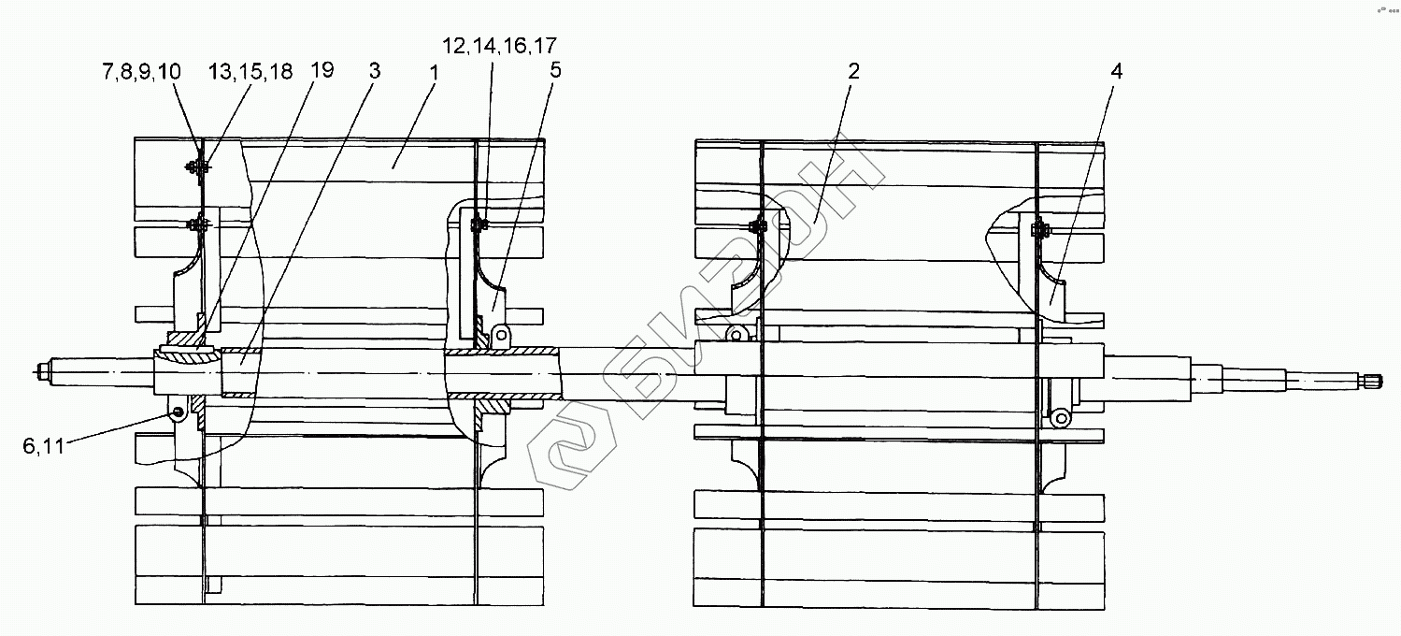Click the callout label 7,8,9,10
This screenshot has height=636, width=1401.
coord(141,71)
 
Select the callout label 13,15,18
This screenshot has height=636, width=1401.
coord(250,71)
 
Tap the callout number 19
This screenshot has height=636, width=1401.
coord(322,70)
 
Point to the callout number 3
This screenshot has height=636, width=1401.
coord(374,71)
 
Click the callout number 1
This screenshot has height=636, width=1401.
coord(434,73)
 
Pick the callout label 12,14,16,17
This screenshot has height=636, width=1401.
coord(499,46)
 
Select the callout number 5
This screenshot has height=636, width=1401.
coord(555,70)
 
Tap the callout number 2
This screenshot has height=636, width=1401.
coord(853,71)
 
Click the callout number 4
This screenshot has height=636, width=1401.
coord(1117,71)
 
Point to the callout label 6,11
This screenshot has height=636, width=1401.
coord(44,446)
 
